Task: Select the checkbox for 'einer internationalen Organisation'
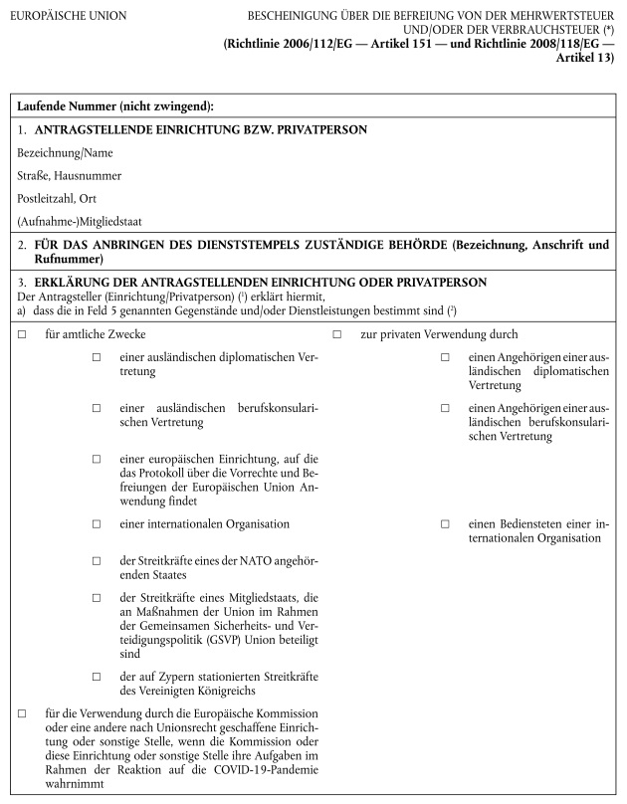97,523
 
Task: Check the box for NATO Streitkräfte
97,561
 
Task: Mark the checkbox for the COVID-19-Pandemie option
22,713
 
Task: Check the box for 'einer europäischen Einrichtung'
97,459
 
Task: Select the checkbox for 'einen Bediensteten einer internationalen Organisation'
445,523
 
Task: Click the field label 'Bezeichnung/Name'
65,152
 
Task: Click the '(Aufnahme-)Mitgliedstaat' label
79,220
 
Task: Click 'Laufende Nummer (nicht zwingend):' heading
115,105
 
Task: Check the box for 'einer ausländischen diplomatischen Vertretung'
97,357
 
